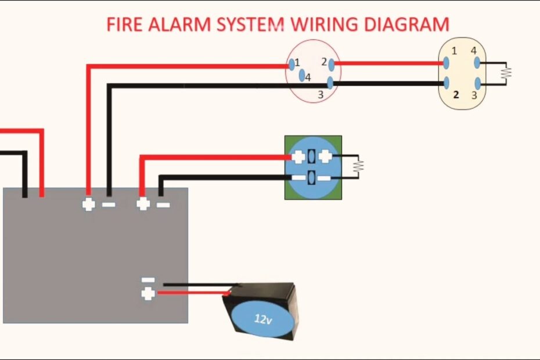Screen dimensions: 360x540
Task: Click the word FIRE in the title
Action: point(125,24)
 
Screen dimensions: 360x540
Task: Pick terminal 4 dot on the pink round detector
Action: point(301,75)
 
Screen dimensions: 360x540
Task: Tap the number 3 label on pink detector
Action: point(319,94)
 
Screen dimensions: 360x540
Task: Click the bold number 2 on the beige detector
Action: point(456,95)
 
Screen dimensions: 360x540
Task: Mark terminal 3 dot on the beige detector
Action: point(477,83)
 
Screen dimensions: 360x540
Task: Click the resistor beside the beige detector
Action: point(506,73)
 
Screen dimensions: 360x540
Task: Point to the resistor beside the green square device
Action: point(358,165)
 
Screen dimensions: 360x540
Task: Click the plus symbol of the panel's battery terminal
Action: point(148,294)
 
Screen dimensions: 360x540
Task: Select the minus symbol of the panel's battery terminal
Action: point(148,280)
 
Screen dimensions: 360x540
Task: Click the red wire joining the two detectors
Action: point(386,63)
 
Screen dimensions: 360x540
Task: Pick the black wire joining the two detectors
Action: point(386,84)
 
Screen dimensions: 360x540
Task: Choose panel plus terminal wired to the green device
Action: point(142,204)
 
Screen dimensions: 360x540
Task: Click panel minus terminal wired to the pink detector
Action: point(109,204)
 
